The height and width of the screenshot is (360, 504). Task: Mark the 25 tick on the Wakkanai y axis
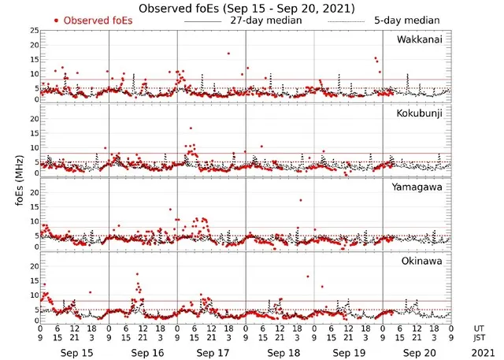pos(33,30)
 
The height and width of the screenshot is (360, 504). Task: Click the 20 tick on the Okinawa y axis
pos(33,266)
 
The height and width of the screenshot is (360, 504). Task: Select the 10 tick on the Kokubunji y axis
pos(33,147)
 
